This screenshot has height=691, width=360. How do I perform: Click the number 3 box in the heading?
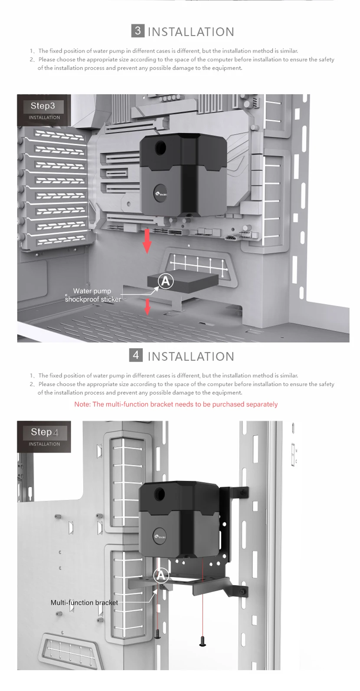[x=137, y=31]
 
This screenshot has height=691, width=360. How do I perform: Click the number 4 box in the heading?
[x=136, y=355]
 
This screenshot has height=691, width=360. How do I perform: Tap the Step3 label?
[x=43, y=106]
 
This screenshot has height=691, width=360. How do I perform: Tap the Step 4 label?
[x=44, y=432]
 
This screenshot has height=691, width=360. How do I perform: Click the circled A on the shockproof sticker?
[x=165, y=281]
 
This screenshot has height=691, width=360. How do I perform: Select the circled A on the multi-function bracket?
[x=161, y=576]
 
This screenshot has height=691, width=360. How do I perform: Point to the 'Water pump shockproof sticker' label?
[x=92, y=295]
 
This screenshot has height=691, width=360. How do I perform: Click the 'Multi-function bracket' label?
[x=84, y=602]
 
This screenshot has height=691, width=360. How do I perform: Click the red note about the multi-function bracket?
[x=176, y=405]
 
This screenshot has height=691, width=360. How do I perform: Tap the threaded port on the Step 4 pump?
[x=160, y=494]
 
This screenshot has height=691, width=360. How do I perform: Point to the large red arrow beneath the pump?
[x=147, y=241]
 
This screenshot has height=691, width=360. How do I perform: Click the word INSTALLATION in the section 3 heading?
[x=191, y=32]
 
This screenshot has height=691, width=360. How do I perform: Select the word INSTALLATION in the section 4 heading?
[x=191, y=356]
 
